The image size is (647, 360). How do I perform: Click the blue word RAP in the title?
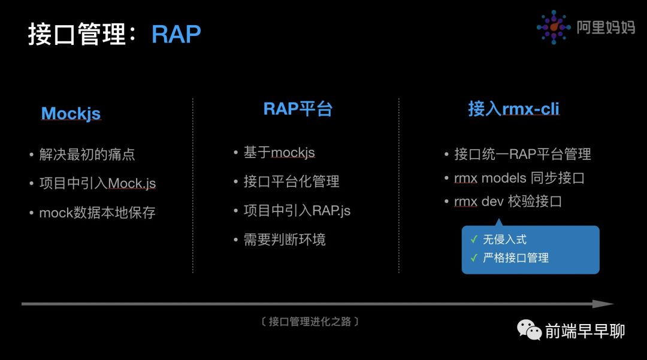[176, 34]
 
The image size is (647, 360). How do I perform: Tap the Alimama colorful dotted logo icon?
[554, 27]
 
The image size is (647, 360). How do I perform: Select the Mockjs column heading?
[71, 113]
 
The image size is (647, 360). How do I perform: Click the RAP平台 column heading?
[298, 109]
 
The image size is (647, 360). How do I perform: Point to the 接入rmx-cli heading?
[514, 109]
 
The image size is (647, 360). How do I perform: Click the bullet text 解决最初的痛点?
[87, 155]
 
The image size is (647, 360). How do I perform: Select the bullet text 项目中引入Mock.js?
[98, 183]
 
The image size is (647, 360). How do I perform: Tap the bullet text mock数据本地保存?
[98, 213]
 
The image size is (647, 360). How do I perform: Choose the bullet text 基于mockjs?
[279, 153]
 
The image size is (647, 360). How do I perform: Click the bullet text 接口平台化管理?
[291, 181]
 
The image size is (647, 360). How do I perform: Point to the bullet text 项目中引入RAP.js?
[297, 211]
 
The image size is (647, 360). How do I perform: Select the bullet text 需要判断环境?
[285, 240]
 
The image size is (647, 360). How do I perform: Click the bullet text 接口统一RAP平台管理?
[522, 154]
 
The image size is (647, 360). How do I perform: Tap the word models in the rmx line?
[504, 178]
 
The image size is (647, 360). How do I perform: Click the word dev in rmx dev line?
[492, 202]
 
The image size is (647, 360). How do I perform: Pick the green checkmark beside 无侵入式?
[474, 239]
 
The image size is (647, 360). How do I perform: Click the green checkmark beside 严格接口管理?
[474, 258]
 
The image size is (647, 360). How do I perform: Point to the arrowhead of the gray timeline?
[603, 304]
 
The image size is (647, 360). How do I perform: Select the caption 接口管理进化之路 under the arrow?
[310, 322]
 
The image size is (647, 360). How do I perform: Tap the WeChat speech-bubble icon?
[529, 330]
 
